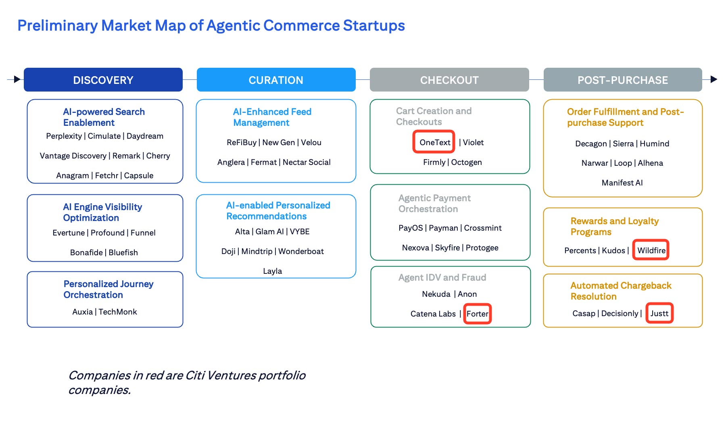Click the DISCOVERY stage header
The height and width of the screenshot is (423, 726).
(x=103, y=80)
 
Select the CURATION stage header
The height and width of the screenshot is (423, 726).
(x=276, y=80)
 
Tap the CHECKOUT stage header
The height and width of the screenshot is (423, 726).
(x=449, y=80)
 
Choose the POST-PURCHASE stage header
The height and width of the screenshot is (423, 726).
(x=622, y=80)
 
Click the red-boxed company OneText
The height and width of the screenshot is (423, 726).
(x=434, y=142)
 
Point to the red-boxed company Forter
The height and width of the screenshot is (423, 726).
(x=477, y=314)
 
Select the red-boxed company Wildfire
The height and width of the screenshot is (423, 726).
(x=651, y=250)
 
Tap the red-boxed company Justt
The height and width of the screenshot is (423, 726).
(x=659, y=313)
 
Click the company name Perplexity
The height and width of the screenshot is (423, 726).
(x=64, y=136)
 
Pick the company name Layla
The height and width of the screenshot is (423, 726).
(x=272, y=271)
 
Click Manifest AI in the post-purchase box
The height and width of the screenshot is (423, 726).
(x=622, y=183)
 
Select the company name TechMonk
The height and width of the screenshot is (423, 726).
(x=118, y=312)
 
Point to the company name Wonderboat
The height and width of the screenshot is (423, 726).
(x=301, y=251)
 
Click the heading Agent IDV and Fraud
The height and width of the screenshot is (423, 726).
(x=442, y=277)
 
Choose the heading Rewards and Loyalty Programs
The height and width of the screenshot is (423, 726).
(x=614, y=226)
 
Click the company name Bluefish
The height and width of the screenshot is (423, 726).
(x=123, y=252)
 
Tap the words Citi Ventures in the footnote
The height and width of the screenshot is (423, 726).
(x=220, y=375)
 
